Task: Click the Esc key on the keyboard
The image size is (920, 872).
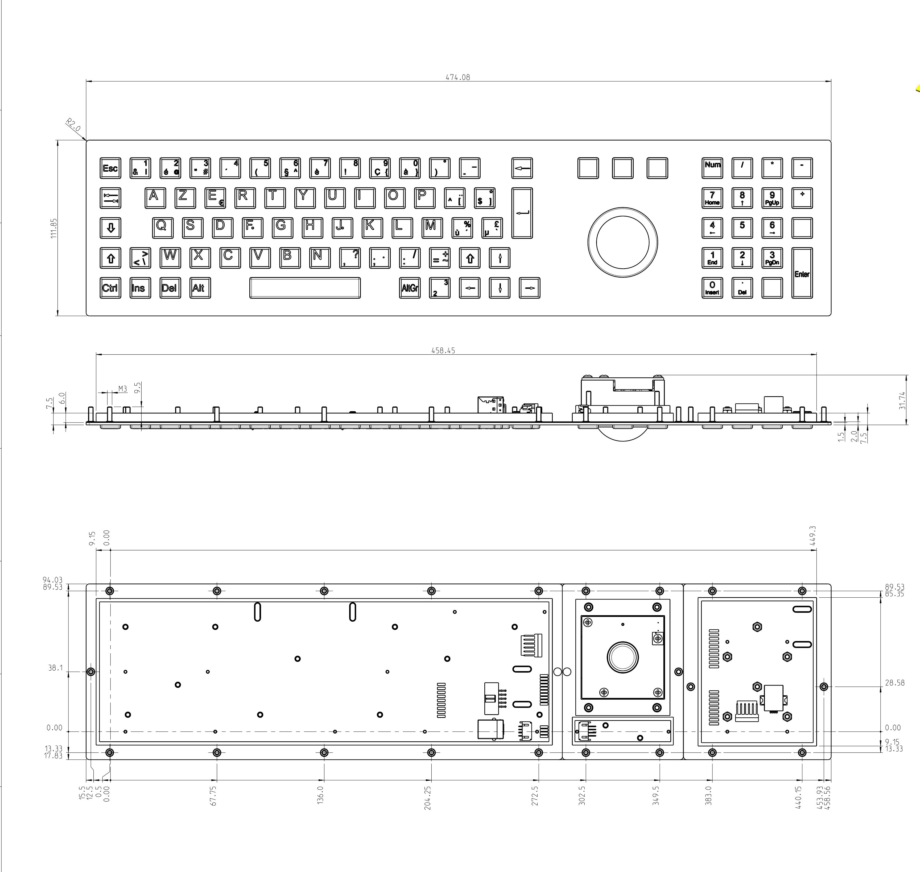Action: point(110,168)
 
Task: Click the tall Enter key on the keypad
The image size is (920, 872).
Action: point(802,273)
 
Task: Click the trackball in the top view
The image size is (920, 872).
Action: point(622,242)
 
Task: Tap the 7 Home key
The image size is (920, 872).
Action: point(712,198)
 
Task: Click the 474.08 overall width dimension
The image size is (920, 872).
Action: point(458,77)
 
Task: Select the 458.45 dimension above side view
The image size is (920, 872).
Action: point(443,350)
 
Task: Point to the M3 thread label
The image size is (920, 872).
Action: point(122,389)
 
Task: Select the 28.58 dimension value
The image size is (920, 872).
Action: point(894,683)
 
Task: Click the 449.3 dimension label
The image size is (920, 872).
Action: point(812,535)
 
